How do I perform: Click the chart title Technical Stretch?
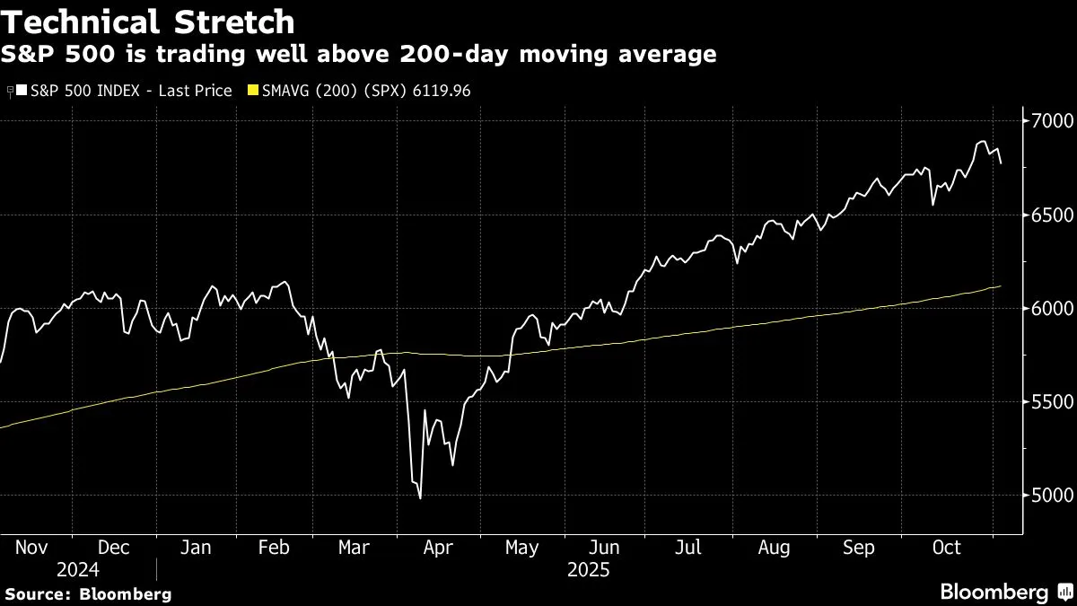coord(148,21)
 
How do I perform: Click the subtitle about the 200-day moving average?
coord(359,56)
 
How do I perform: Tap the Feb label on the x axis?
coord(274,548)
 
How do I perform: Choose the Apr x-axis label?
coord(439,548)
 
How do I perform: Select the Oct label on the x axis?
coord(947,548)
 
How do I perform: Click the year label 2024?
coord(77,569)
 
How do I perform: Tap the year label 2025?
coord(588,569)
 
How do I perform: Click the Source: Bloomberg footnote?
coord(88,593)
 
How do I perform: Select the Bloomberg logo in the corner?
coord(1005,592)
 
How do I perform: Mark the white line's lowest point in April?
coord(420,498)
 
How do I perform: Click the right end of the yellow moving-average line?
coord(1001,286)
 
